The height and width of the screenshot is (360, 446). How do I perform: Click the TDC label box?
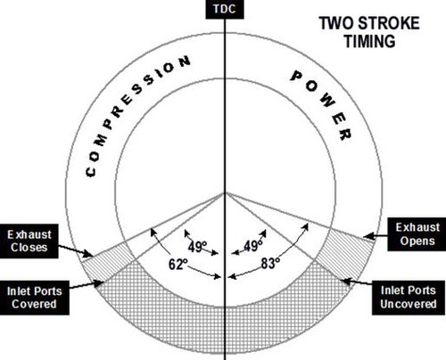coord(225,9)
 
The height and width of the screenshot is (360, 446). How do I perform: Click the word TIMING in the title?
coord(370,41)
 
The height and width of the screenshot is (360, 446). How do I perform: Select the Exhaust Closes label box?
coord(29,241)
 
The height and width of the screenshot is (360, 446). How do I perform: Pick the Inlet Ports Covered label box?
coord(35,298)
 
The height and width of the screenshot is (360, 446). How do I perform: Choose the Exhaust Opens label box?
coord(417,234)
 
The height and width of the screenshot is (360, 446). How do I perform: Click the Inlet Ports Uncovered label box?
coord(409,298)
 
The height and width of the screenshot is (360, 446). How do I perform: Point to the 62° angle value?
coord(178,264)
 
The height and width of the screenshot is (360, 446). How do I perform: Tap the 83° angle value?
coord(270,263)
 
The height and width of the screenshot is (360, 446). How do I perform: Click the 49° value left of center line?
coord(197,247)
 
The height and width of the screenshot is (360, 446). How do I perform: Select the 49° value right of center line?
coord(253,246)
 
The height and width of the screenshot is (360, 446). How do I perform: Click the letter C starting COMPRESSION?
coord(91,172)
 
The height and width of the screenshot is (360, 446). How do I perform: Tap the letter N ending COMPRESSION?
coord(185,61)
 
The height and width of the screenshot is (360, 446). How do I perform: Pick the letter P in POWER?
coord(296,76)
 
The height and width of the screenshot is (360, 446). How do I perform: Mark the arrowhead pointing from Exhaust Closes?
coord(88,254)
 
